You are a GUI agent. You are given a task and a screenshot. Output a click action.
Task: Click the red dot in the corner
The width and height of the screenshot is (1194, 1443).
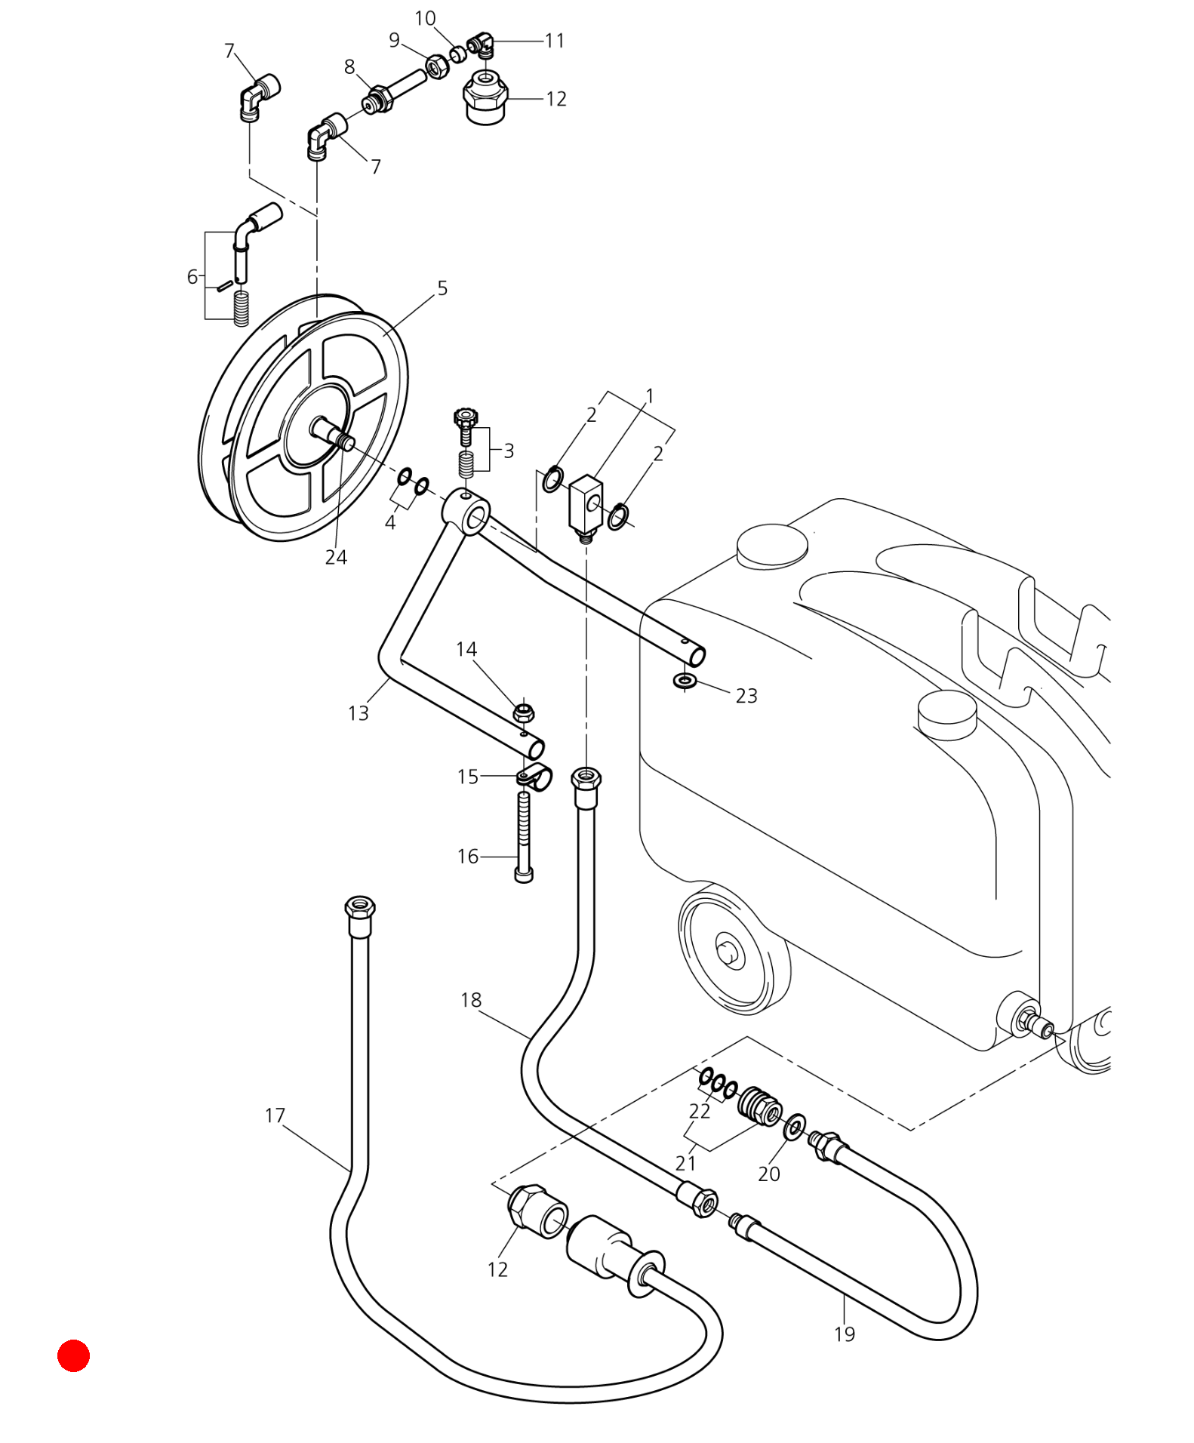[73, 1355]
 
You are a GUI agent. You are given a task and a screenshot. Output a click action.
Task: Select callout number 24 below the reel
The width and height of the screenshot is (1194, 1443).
[336, 557]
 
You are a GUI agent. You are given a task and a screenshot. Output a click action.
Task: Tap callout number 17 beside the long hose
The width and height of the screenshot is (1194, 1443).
[275, 1115]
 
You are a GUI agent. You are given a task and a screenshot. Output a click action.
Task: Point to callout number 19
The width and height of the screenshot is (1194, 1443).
[845, 1334]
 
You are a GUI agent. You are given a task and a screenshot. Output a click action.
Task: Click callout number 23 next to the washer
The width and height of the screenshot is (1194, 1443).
[746, 695]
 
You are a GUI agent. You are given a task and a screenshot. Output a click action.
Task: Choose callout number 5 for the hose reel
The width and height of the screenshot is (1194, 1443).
[442, 288]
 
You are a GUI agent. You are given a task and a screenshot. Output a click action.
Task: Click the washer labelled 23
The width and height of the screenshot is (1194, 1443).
[685, 681]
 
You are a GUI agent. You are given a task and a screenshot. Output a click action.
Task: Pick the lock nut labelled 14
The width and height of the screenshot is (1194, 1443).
[524, 712]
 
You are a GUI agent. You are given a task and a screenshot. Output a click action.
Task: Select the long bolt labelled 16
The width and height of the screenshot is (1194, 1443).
[524, 836]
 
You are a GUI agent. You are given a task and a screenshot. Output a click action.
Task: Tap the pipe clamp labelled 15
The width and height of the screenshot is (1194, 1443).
[534, 777]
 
